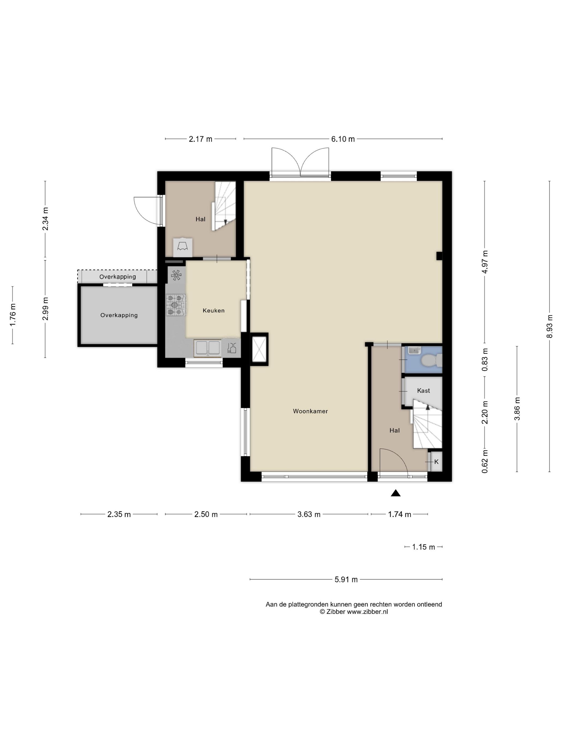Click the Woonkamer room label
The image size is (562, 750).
click(x=310, y=411)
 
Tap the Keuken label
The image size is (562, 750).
click(x=213, y=310)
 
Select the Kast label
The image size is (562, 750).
click(x=423, y=391)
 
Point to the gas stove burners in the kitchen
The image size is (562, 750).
click(x=176, y=305)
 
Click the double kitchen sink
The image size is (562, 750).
click(x=207, y=348)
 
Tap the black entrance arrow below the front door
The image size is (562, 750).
click(x=396, y=493)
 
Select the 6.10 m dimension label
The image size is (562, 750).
click(x=343, y=139)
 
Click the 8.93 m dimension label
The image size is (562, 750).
click(x=549, y=326)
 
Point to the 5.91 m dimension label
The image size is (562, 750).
click(x=346, y=579)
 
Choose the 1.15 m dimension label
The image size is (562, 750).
click(x=423, y=547)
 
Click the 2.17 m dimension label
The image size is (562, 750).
click(x=200, y=139)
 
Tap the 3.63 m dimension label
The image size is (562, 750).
click(x=309, y=514)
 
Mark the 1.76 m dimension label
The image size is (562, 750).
click(x=13, y=315)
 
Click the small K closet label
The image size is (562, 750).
click(x=436, y=462)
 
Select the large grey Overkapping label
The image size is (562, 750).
click(x=119, y=315)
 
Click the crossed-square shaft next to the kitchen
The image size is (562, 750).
click(x=259, y=349)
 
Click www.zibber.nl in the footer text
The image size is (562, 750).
click(x=367, y=612)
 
